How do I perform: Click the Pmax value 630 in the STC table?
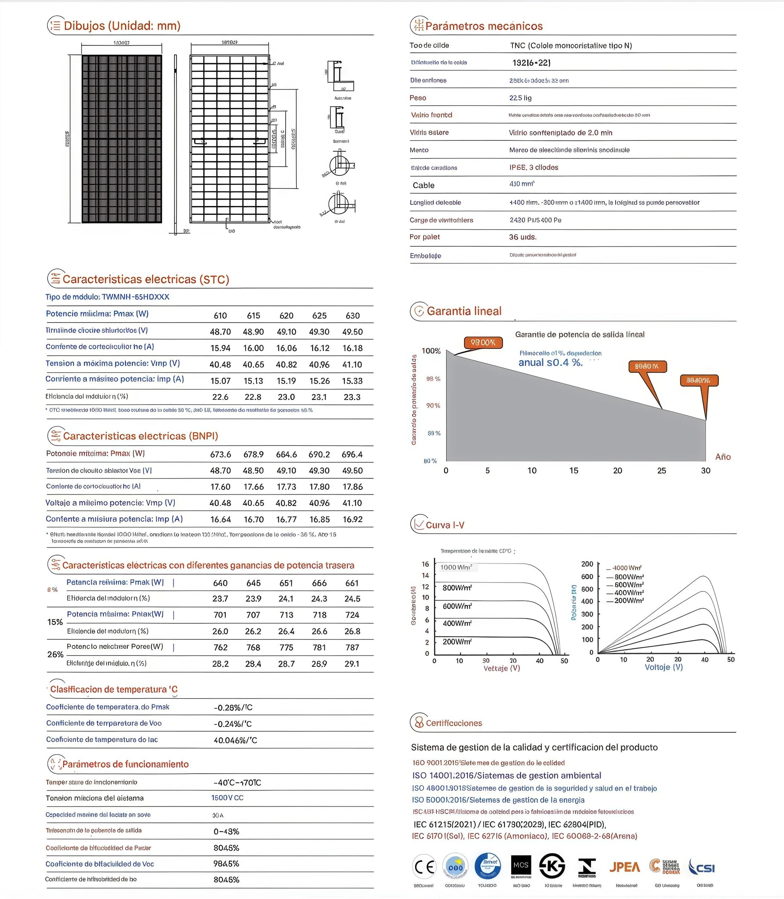pos(352,316)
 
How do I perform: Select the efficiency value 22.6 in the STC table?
pos(220,397)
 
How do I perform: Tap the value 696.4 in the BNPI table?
pos(352,454)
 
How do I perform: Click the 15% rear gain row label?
pos(55,622)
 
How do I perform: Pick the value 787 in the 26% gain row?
pos(352,647)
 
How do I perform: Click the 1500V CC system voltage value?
pos(227,798)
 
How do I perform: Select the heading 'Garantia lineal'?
pos(464,311)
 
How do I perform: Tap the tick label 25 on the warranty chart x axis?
pos(662,470)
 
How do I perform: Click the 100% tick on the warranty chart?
pos(431,351)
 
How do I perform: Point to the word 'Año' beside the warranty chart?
pos(723,457)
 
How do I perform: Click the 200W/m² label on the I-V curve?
pos(457,642)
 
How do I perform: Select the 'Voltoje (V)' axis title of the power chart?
pos(663,667)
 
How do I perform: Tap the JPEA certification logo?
pos(624,867)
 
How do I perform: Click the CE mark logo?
pos(424,867)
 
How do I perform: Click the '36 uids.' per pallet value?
pos(523,237)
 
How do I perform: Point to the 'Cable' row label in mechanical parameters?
pos(423,185)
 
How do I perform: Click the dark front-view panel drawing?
pos(122,139)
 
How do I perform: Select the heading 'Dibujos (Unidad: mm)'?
pos(122,26)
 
